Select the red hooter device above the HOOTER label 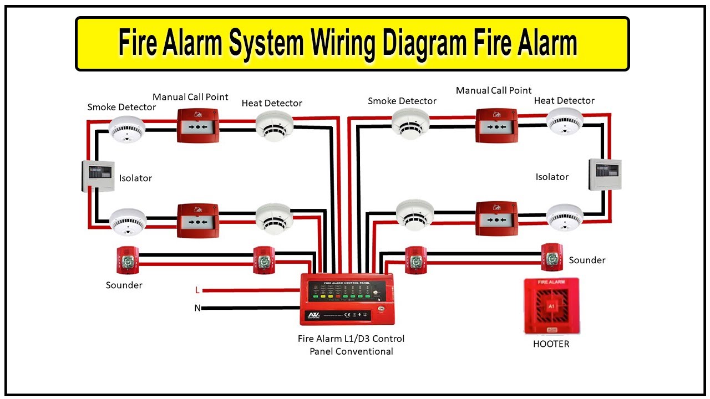pyautogui.click(x=551, y=306)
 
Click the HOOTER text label pyautogui.click(x=551, y=344)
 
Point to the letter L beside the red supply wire pyautogui.click(x=197, y=290)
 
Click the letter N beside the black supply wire pyautogui.click(x=197, y=308)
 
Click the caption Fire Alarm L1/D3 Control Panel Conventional pyautogui.click(x=351, y=345)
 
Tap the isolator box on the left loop pyautogui.click(x=99, y=176)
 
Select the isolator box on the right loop pyautogui.click(x=605, y=175)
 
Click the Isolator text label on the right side pyautogui.click(x=552, y=177)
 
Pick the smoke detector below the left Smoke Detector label pyautogui.click(x=126, y=129)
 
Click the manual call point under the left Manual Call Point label pyautogui.click(x=198, y=126)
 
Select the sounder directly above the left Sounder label pyautogui.click(x=128, y=260)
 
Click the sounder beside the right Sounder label pyautogui.click(x=552, y=258)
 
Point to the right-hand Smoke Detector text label pyautogui.click(x=402, y=101)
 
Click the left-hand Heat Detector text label pyautogui.click(x=272, y=104)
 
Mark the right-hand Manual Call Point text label pyautogui.click(x=494, y=91)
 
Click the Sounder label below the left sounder pyautogui.click(x=124, y=285)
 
